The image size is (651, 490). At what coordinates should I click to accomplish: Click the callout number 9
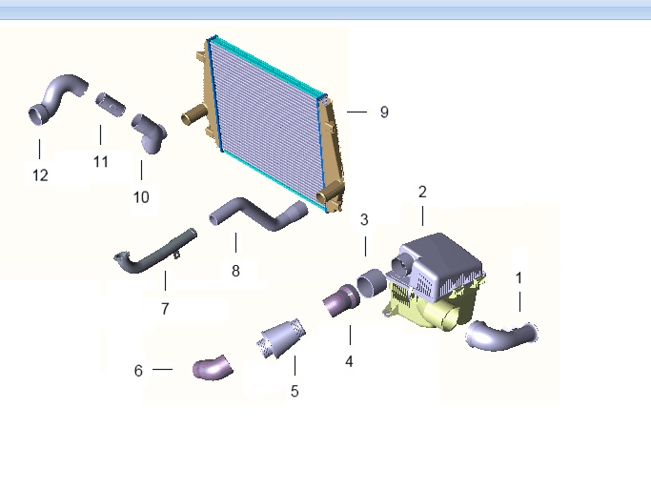click(x=384, y=112)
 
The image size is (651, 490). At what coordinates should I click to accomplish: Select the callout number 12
click(x=40, y=175)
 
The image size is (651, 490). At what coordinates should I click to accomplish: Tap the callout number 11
click(x=101, y=162)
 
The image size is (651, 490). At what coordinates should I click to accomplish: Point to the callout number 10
click(x=141, y=197)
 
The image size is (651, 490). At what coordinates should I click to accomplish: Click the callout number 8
click(x=235, y=271)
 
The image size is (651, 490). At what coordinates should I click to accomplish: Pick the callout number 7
click(x=165, y=309)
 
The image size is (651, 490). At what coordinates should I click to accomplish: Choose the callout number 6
click(x=138, y=370)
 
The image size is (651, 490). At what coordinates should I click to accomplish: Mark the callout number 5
click(x=295, y=391)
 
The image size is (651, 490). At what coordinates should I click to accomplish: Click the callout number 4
click(x=349, y=361)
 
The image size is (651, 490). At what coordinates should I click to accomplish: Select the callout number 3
click(x=364, y=220)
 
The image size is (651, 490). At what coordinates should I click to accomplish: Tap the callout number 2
click(x=422, y=192)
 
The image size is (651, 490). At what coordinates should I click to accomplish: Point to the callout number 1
click(x=519, y=277)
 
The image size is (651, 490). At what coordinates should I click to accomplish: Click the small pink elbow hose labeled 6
click(x=212, y=368)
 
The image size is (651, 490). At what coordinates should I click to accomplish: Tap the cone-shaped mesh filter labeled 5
click(x=281, y=338)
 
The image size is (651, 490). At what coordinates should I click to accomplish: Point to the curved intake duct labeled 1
click(x=500, y=336)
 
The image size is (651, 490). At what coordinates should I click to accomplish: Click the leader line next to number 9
click(x=356, y=112)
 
